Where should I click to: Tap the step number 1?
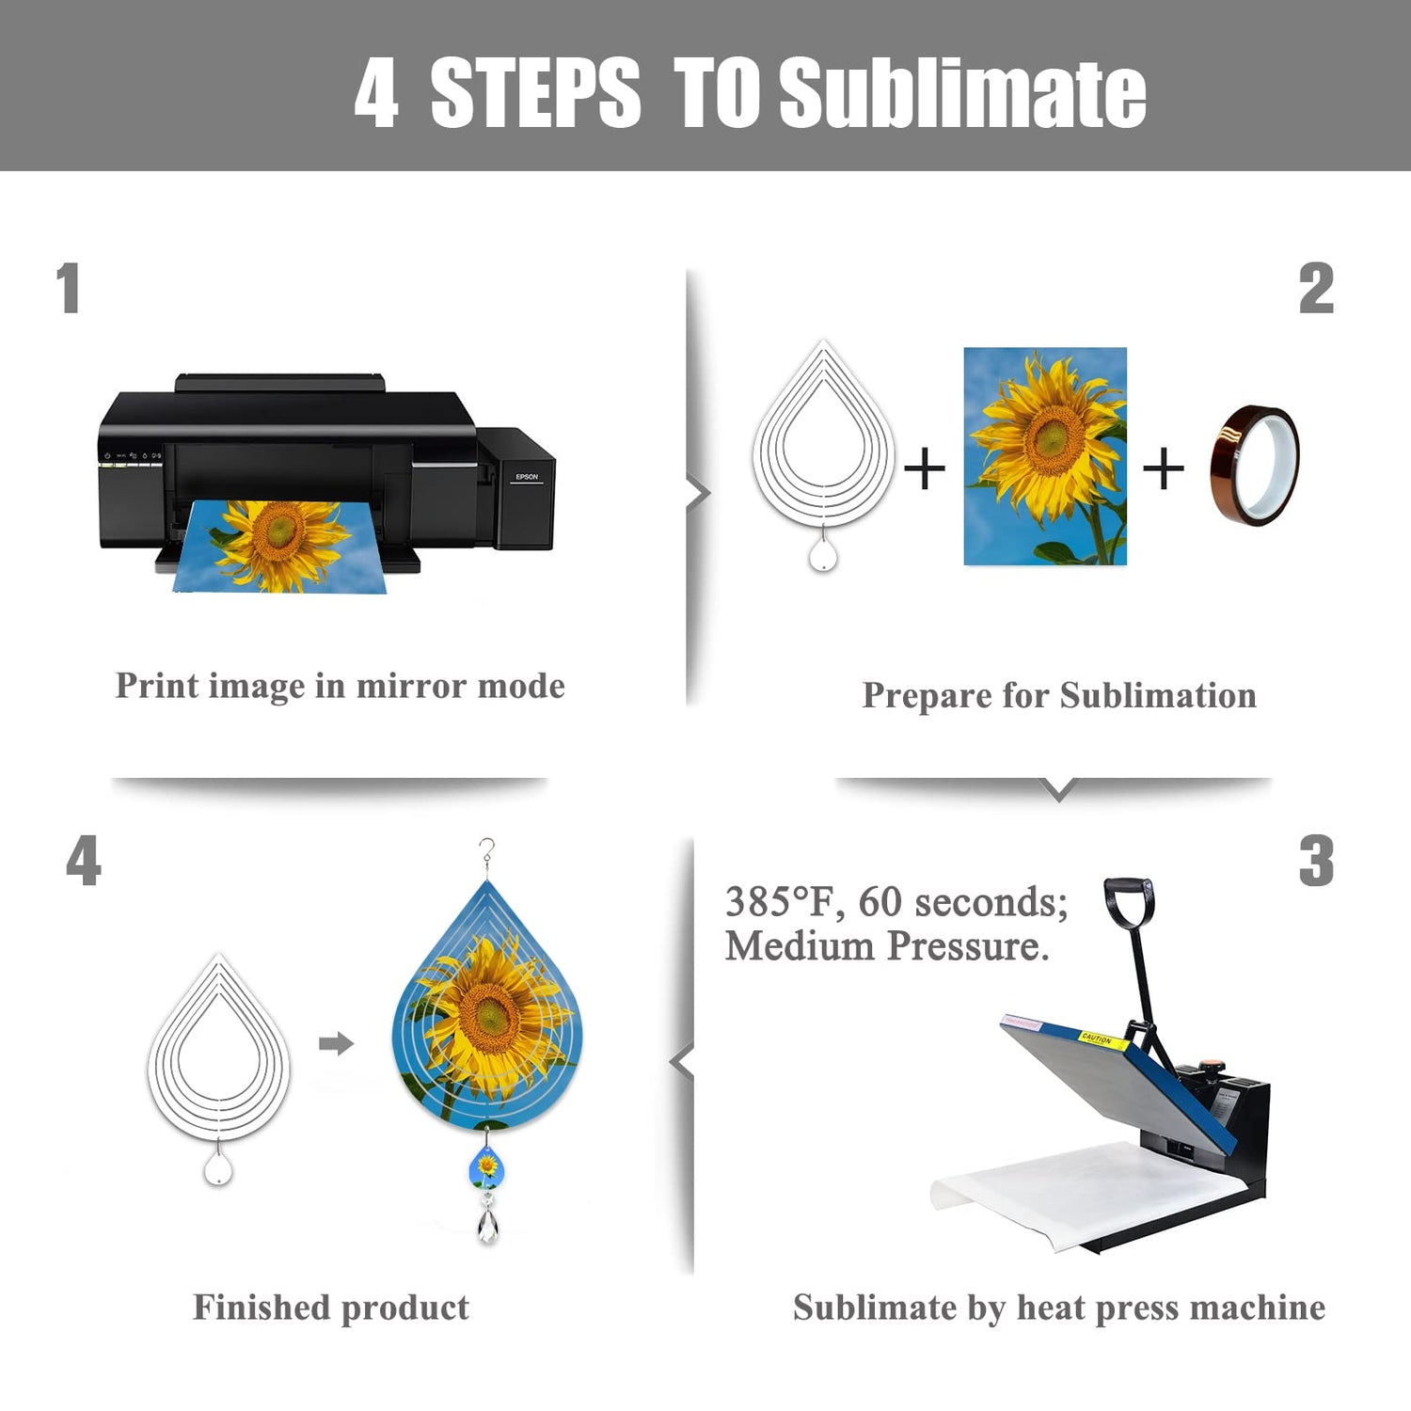point(68,288)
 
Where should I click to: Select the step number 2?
point(1316,288)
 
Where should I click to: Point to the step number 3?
point(1316,861)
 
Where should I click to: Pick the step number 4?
point(84,861)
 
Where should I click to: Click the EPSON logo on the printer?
point(527,477)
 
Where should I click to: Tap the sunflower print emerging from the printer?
point(279,547)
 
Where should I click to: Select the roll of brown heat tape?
point(1255,466)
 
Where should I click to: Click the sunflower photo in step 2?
point(1045,456)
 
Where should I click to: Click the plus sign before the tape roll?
point(1164,468)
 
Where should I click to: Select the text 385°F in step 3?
point(779,901)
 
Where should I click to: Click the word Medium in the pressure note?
point(800,945)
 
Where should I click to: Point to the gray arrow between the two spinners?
point(336,1043)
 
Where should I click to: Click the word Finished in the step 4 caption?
point(262,1307)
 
